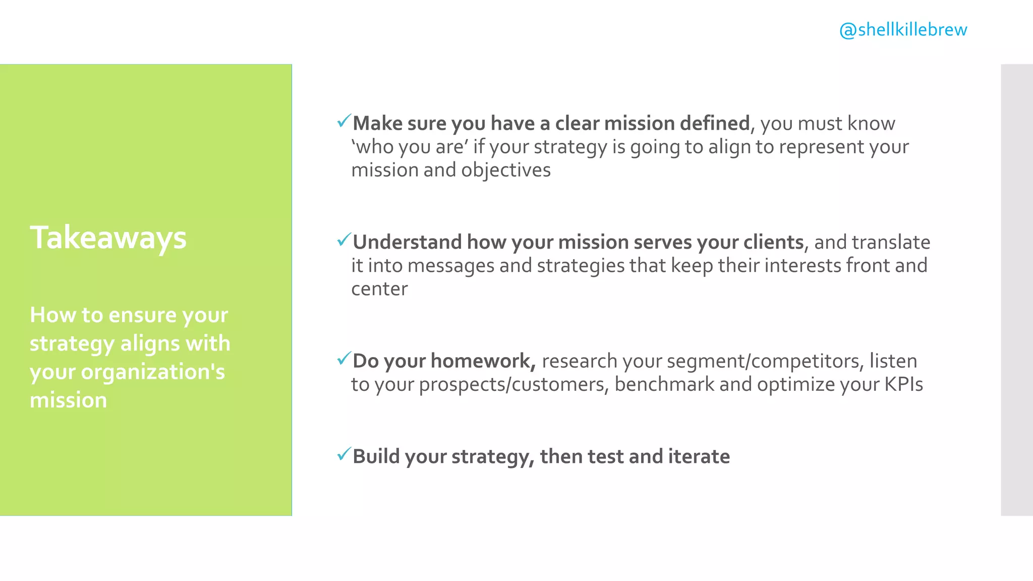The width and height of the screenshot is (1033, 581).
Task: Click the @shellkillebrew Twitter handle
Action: pos(903,30)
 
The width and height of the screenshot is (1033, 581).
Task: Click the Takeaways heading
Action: pos(108,238)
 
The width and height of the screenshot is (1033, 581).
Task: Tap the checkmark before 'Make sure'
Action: pos(343,121)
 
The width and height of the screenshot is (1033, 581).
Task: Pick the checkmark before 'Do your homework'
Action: pos(343,359)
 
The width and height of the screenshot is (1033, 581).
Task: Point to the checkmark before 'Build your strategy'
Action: pos(343,454)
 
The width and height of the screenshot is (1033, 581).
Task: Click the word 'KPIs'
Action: pos(903,384)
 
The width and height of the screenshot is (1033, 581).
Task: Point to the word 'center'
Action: pos(379,289)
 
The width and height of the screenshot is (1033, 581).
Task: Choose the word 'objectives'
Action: pos(505,170)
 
